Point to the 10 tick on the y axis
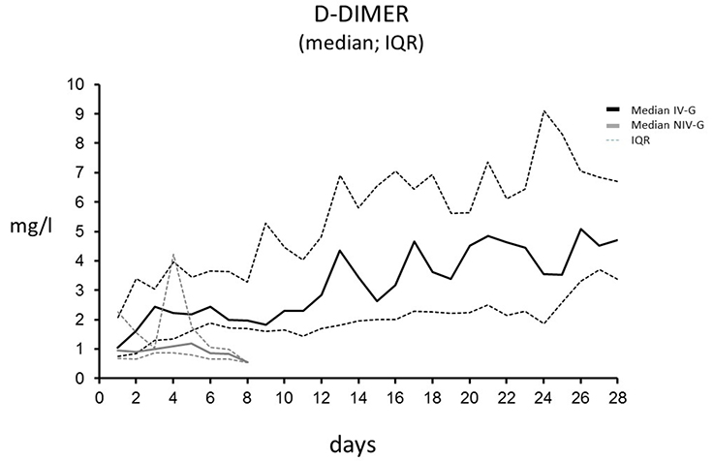coord(77,84)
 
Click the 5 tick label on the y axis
coord(82,231)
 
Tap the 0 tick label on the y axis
coord(82,379)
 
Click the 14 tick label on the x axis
coord(358,396)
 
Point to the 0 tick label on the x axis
coord(99,396)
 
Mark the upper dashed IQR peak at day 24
coord(544,111)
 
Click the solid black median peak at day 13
coord(340,250)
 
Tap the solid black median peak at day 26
coord(580,230)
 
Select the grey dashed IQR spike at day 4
coord(173,255)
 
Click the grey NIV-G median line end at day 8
coord(247,362)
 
